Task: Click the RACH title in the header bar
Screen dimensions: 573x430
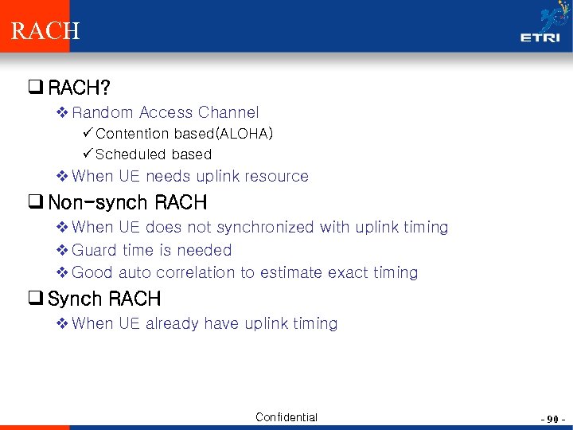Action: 45,31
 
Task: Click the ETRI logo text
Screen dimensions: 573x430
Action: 540,37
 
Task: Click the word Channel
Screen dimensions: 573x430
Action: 228,113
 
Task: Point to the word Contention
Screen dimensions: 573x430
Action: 132,134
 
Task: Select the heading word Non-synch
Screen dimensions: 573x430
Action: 96,202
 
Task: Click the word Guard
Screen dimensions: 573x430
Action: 95,250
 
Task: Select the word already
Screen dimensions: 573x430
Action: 172,323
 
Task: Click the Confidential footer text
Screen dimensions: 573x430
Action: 286,417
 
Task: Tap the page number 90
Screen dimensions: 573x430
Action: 551,418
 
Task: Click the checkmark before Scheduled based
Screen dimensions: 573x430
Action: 87,154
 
